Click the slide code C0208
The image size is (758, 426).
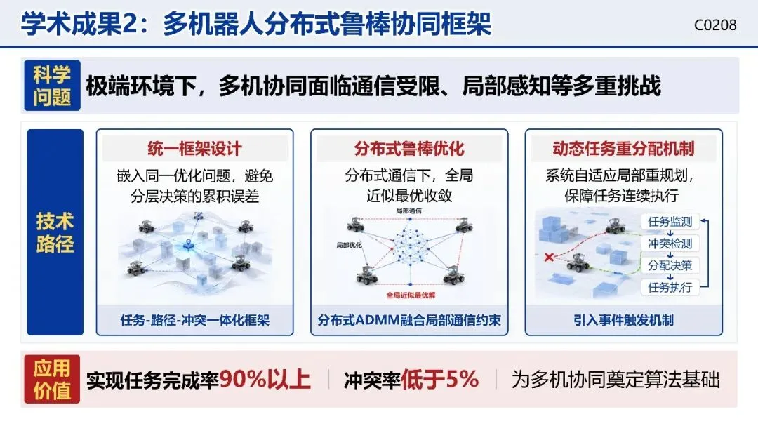pyautogui.click(x=715, y=25)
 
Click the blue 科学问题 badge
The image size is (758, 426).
pyautogui.click(x=52, y=86)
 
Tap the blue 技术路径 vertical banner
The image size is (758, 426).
pyautogui.click(x=55, y=232)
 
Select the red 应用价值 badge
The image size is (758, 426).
pyautogui.click(x=52, y=379)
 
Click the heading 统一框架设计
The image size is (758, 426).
pyautogui.click(x=195, y=149)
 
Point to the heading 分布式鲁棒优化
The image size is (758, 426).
pyautogui.click(x=409, y=149)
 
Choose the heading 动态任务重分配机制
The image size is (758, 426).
pyautogui.click(x=624, y=149)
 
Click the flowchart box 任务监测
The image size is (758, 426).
pyautogui.click(x=670, y=222)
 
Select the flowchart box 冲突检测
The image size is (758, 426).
pyautogui.click(x=670, y=244)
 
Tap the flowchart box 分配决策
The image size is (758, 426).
pyautogui.click(x=670, y=265)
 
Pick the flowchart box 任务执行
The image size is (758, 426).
pyautogui.click(x=670, y=287)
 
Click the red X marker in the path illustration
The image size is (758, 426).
pyautogui.click(x=549, y=257)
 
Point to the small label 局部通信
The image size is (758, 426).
pyautogui.click(x=408, y=211)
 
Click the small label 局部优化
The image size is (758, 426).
pyautogui.click(x=349, y=245)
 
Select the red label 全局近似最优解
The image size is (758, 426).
pyautogui.click(x=411, y=295)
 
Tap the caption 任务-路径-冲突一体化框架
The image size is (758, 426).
pyautogui.click(x=195, y=320)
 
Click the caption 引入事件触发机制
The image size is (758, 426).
pyautogui.click(x=624, y=320)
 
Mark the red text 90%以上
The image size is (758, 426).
pyautogui.click(x=265, y=380)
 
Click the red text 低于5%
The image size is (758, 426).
pyautogui.click(x=440, y=380)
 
